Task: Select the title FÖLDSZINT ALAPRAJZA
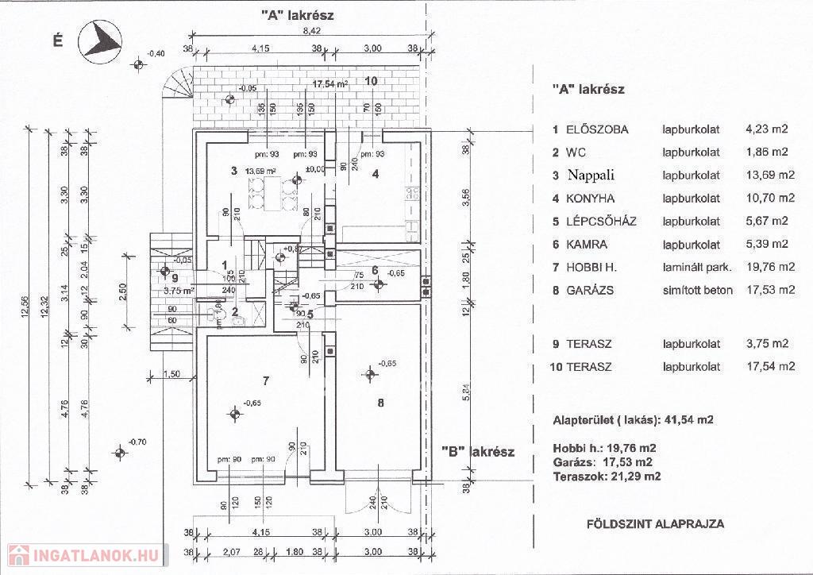pos(655,524)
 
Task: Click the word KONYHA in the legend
pos(591,198)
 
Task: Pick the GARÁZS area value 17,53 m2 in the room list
pos(771,290)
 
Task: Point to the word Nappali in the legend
pos(591,175)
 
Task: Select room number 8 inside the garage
pos(381,403)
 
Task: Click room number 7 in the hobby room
pos(266,381)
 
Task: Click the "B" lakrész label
pos(478,452)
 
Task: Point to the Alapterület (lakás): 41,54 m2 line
pos(633,419)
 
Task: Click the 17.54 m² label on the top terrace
pos(330,83)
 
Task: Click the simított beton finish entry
pos(698,290)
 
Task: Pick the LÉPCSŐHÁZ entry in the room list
pos(602,221)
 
